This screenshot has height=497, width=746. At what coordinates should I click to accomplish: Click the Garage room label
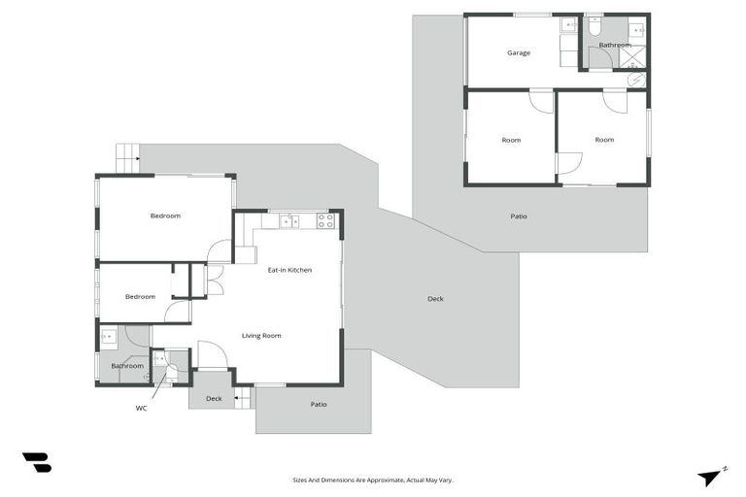[518, 52]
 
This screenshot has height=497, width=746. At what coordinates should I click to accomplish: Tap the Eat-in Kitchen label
[289, 270]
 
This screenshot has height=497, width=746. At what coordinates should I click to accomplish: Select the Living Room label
[261, 336]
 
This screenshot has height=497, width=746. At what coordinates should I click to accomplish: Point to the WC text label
[142, 409]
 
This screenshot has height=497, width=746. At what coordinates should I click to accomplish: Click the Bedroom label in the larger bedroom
[165, 215]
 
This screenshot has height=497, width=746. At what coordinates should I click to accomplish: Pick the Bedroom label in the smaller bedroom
[140, 296]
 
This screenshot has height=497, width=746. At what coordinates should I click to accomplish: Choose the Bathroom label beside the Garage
[615, 46]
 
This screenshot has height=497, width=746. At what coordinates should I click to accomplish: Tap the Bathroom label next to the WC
[127, 366]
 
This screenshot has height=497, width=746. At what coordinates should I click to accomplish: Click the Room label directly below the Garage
[511, 140]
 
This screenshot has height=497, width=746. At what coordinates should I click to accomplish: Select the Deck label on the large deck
[435, 299]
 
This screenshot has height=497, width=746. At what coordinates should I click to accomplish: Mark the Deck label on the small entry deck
[214, 398]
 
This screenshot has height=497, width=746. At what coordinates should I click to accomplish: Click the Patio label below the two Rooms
[519, 215]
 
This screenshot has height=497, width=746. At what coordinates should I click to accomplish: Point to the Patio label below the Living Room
[318, 404]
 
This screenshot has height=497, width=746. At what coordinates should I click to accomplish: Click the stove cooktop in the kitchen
[325, 221]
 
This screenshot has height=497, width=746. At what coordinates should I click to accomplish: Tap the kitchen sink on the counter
[288, 221]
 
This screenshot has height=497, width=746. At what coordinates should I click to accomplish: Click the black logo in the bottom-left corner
[37, 463]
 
